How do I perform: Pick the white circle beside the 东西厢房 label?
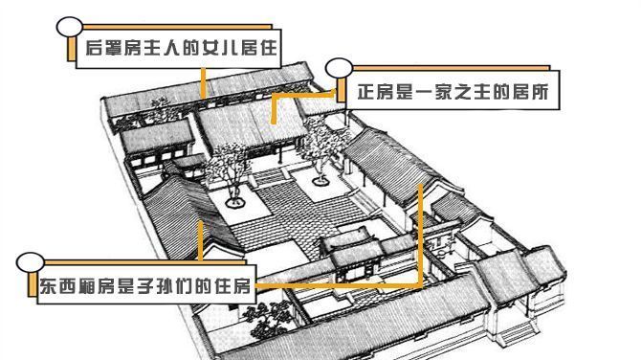30,262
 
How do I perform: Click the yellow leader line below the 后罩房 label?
203,80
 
